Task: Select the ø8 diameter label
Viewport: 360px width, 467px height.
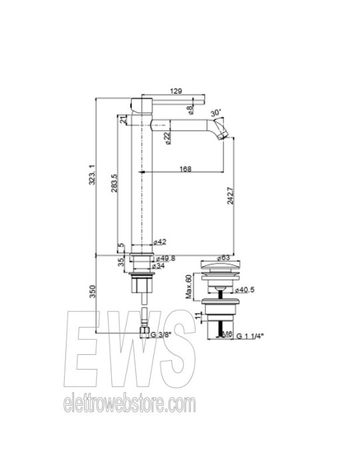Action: tap(191, 107)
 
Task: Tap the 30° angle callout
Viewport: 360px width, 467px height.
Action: tap(215, 113)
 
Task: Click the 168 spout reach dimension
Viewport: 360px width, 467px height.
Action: tap(185, 169)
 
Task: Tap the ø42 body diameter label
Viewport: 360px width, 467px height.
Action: tap(159, 242)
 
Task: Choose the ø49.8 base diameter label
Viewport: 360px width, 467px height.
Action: tap(165, 258)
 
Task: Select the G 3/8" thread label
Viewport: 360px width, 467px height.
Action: tap(163, 334)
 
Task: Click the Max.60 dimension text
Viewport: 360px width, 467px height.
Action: tap(189, 286)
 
